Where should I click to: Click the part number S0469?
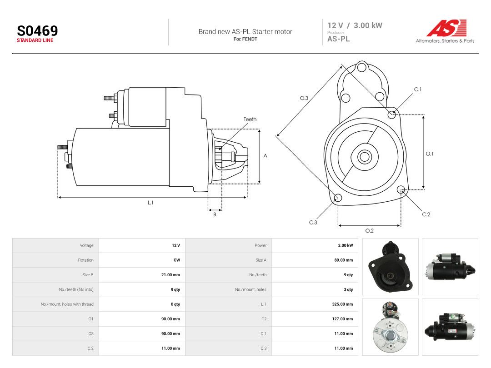coord(37,31)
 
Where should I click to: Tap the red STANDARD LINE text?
coord(35,40)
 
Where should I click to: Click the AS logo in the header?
coord(446,28)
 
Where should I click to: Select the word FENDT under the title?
coord(250,39)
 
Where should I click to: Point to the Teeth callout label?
coord(250,119)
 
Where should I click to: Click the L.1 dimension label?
coord(150,203)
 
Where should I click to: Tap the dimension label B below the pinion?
coord(215,214)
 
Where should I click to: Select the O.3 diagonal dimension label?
coord(304,98)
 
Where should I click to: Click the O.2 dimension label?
coord(370,231)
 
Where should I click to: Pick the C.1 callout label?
coord(418,90)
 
